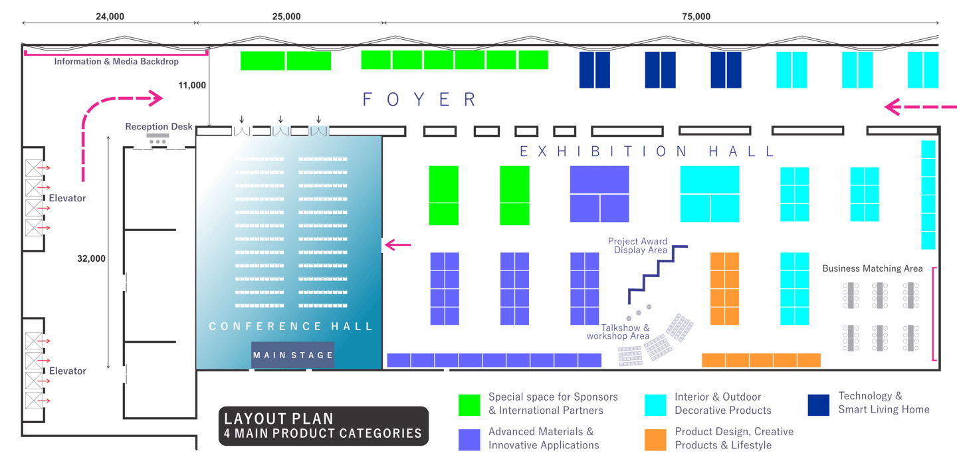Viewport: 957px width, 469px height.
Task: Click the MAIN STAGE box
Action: pyautogui.click(x=293, y=355)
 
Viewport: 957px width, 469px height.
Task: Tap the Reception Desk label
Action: pyautogui.click(x=159, y=126)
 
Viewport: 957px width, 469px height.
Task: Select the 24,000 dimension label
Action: pyautogui.click(x=110, y=17)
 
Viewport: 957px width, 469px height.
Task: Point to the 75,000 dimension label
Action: pyautogui.click(x=696, y=17)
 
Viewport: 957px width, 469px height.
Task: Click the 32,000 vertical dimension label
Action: pyautogui.click(x=91, y=258)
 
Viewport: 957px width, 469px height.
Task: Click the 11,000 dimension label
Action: pyautogui.click(x=192, y=85)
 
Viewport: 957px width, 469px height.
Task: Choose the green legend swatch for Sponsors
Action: pyautogui.click(x=469, y=405)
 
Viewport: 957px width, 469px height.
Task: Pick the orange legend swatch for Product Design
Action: pyautogui.click(x=655, y=440)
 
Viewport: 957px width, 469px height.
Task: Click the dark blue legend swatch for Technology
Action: pyautogui.click(x=819, y=405)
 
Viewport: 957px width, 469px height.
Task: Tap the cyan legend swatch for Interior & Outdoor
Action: pyautogui.click(x=655, y=405)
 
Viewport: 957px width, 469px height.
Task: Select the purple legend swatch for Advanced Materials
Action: pyautogui.click(x=469, y=440)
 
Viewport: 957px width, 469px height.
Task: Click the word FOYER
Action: pyautogui.click(x=420, y=100)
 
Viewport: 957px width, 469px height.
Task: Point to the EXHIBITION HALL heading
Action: pyautogui.click(x=647, y=151)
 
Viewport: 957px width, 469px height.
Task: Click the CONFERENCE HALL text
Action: pyautogui.click(x=291, y=326)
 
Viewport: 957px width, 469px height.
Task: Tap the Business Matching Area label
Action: pyautogui.click(x=873, y=268)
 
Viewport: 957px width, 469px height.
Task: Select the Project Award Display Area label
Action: pyautogui.click(x=638, y=246)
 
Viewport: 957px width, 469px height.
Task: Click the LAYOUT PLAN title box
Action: pyautogui.click(x=324, y=426)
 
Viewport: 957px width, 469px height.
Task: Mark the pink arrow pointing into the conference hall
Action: pyautogui.click(x=398, y=245)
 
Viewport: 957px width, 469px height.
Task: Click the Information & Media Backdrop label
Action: pyautogui.click(x=116, y=62)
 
